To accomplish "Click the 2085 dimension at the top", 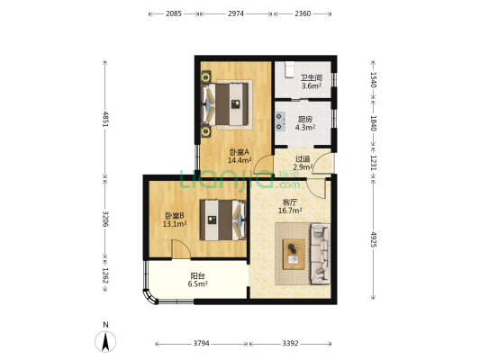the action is (x=174, y=13).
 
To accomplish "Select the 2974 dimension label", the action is (x=236, y=13).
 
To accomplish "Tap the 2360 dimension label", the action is (x=303, y=13).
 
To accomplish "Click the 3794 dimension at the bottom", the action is (x=201, y=343).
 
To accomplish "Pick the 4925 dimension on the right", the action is (x=374, y=239).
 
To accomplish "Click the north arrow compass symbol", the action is (x=105, y=342).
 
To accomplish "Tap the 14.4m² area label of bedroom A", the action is (x=240, y=159).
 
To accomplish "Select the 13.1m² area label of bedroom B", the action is (x=175, y=224).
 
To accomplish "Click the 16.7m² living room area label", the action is (x=290, y=211).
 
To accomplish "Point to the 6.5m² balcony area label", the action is (x=198, y=283).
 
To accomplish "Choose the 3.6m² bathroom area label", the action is (x=312, y=85).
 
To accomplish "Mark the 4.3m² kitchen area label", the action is (x=305, y=127).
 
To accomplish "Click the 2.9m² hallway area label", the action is (x=303, y=167).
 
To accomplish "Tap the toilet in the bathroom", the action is (x=289, y=69).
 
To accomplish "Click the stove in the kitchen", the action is (x=280, y=121).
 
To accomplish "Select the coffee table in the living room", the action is (x=294, y=254).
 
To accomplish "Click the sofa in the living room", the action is (x=321, y=254).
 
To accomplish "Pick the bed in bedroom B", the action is (x=222, y=220).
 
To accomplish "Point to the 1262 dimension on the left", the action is (x=105, y=275).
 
